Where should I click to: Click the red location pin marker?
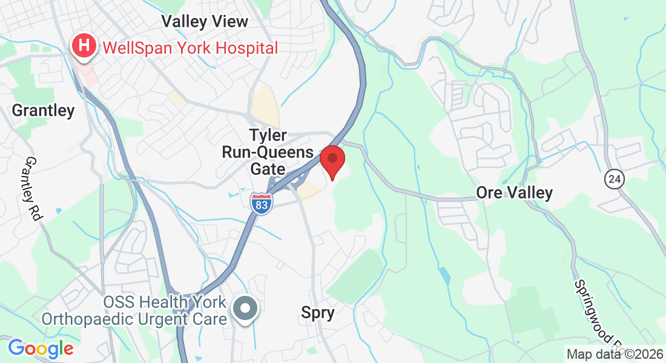332,159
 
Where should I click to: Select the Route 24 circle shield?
614,178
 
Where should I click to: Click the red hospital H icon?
84,45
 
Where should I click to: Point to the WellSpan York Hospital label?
190,47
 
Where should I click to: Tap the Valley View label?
205,22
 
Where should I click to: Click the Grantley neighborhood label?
44,111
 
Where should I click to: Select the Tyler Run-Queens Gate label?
268,152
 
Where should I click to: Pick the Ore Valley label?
514,193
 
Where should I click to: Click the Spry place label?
318,312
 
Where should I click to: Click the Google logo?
41,348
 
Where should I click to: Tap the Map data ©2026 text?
615,354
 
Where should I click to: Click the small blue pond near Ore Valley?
446,275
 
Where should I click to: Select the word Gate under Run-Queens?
268,168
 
